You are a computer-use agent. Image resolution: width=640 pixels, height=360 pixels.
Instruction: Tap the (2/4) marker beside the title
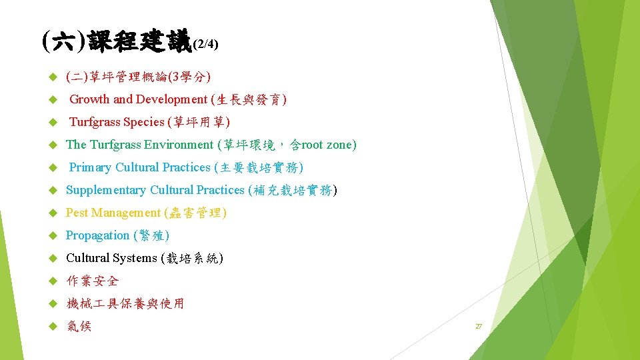point(205,45)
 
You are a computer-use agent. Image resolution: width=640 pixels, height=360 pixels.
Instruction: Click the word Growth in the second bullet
point(90,99)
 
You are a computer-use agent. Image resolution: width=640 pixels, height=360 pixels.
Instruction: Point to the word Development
point(172,99)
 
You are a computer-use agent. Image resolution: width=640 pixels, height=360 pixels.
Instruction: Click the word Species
point(143,122)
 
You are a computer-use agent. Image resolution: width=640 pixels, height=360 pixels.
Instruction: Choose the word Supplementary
point(106,190)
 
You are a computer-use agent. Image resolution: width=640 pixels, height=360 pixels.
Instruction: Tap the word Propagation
point(98,235)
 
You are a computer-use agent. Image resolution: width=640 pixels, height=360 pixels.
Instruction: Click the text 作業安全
point(93,281)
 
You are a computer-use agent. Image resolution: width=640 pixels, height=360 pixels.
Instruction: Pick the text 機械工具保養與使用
point(125,303)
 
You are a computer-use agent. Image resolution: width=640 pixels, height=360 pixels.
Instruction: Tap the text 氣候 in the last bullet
point(79,326)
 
